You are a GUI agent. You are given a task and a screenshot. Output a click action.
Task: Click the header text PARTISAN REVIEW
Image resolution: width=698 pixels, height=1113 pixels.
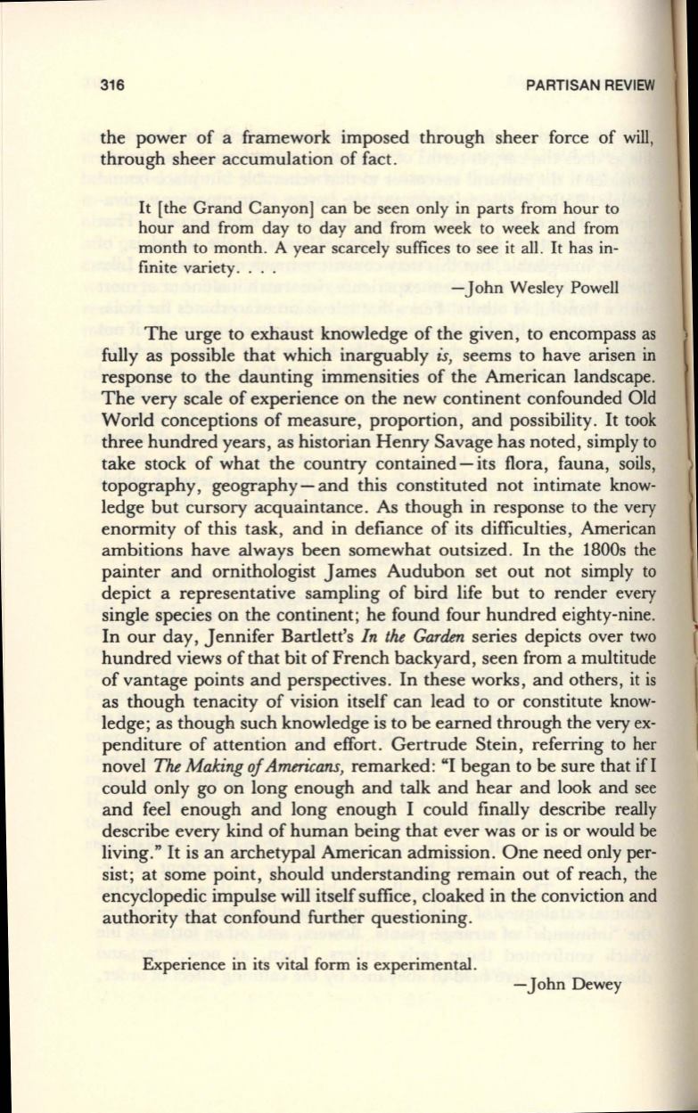tap(591, 86)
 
